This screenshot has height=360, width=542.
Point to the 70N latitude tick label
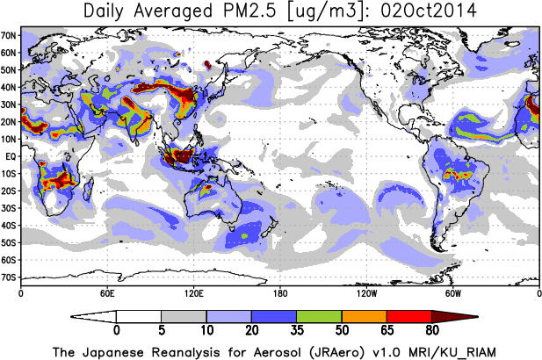10,36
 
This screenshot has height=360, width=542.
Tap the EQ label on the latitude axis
11,156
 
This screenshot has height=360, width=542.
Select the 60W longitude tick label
452,292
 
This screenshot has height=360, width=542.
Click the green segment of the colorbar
319,316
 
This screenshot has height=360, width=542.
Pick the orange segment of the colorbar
364,316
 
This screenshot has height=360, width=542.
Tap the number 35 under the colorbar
297,332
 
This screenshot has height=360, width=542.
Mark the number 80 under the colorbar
431,332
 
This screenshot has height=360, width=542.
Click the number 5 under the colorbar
162,332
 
